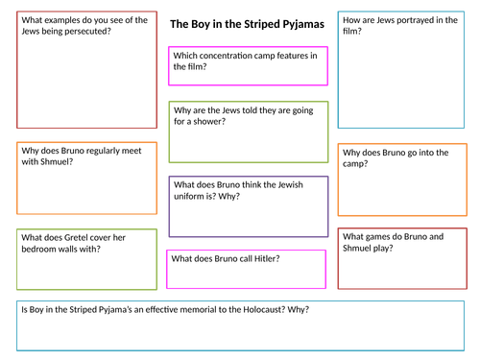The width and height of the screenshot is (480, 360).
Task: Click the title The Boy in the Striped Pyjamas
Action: (x=246, y=23)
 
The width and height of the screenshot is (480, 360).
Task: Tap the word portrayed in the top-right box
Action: (x=414, y=19)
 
